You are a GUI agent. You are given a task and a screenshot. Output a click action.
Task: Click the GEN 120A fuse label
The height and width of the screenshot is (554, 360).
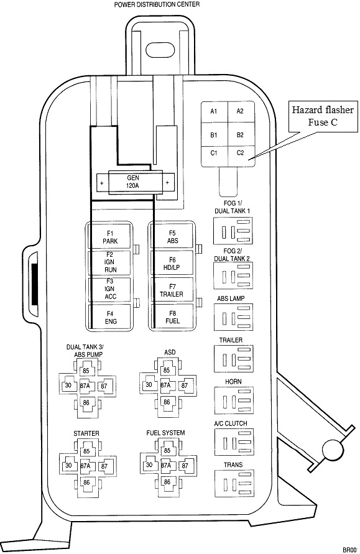(x=133, y=182)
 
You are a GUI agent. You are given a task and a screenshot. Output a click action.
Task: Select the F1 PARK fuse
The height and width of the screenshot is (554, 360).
(x=110, y=237)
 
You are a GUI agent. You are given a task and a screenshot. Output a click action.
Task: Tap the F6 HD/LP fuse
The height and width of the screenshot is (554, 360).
(x=172, y=263)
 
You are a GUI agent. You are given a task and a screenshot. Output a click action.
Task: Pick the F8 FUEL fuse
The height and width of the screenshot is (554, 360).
(x=172, y=317)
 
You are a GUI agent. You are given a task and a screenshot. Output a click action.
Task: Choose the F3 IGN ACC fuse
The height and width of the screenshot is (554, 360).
(x=110, y=290)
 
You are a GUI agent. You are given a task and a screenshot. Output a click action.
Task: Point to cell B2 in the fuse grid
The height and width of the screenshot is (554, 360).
(x=241, y=135)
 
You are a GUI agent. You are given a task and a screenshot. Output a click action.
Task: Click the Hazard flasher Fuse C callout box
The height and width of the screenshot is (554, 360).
(x=323, y=116)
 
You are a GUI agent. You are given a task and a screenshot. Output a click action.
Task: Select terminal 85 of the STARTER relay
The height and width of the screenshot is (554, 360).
(x=86, y=451)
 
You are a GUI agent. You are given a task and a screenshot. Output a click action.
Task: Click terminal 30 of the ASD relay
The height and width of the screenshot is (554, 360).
(x=149, y=385)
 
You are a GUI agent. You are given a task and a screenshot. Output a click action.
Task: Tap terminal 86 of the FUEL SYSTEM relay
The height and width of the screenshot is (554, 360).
(x=167, y=481)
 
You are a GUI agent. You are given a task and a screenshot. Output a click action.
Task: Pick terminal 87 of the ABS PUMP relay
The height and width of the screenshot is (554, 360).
(x=104, y=386)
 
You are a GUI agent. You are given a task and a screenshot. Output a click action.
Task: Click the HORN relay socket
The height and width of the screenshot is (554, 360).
(x=234, y=400)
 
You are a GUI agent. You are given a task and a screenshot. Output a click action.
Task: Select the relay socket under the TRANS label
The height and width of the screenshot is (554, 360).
(x=234, y=483)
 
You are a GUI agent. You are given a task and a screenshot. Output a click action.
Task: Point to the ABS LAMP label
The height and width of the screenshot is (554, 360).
(x=231, y=298)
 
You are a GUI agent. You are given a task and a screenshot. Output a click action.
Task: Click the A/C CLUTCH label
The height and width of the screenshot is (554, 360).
(x=231, y=423)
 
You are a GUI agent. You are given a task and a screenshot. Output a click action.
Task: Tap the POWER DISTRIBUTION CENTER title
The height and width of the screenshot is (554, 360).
(x=157, y=4)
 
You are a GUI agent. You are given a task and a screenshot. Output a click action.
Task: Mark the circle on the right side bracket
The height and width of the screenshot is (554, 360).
(x=333, y=450)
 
